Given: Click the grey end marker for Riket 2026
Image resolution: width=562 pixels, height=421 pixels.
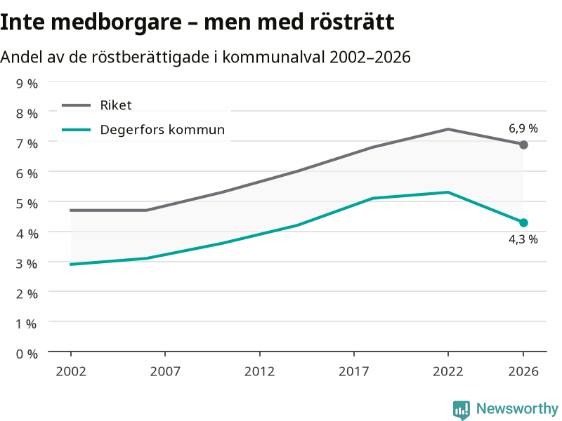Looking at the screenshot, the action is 523,145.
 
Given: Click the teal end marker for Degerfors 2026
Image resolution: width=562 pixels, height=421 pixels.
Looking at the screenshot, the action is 523,222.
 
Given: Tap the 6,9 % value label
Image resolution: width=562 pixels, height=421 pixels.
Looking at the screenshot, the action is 523,128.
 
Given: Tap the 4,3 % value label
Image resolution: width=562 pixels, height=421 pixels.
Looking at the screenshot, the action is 523,239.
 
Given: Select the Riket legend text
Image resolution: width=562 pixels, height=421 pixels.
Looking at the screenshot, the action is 116,105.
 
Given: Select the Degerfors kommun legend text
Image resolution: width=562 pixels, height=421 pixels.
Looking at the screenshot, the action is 162,130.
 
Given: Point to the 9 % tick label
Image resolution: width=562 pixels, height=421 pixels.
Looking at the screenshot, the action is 27,83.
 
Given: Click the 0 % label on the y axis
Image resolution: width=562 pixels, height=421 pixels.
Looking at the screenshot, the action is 27,354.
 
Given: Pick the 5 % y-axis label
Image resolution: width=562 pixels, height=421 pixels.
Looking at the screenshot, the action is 27,203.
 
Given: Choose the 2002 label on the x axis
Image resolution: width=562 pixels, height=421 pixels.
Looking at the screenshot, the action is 71,371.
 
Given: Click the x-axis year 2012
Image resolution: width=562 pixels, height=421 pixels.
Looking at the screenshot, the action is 259,371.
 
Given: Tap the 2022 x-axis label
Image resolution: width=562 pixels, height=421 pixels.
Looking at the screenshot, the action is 448,371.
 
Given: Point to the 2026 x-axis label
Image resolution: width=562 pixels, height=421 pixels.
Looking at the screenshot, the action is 523,371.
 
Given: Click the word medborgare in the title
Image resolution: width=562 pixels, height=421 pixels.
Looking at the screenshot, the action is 117,22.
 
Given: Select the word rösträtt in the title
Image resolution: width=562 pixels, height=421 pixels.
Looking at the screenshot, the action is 352,22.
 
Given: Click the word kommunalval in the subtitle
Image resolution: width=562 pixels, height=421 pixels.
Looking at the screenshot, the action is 273,58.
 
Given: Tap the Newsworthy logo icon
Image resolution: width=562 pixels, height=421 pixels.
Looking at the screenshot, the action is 462,410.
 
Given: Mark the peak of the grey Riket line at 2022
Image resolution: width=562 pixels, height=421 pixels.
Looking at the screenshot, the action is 448,129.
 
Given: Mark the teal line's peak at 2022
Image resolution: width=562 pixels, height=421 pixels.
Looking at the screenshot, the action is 448,192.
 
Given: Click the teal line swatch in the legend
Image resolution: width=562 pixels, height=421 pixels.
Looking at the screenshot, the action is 77,130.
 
